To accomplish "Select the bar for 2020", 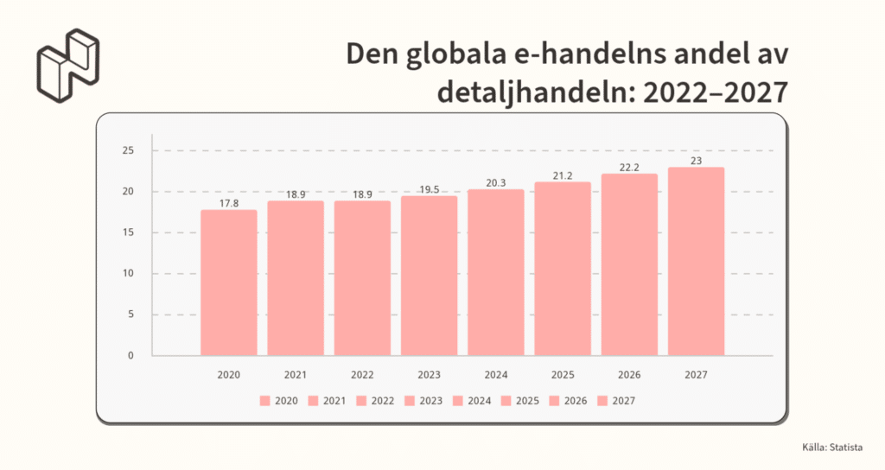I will click(229, 283).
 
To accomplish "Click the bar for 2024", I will click(496, 272).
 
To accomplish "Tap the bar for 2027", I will click(696, 261).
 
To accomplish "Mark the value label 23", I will click(696, 162).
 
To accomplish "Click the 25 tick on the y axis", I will click(129, 151).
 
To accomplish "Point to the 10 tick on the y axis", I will click(129, 274).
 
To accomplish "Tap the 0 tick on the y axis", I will click(131, 355).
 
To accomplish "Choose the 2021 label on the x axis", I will click(296, 375).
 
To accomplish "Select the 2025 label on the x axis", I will click(563, 375).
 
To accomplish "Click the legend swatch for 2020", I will click(264, 401).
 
